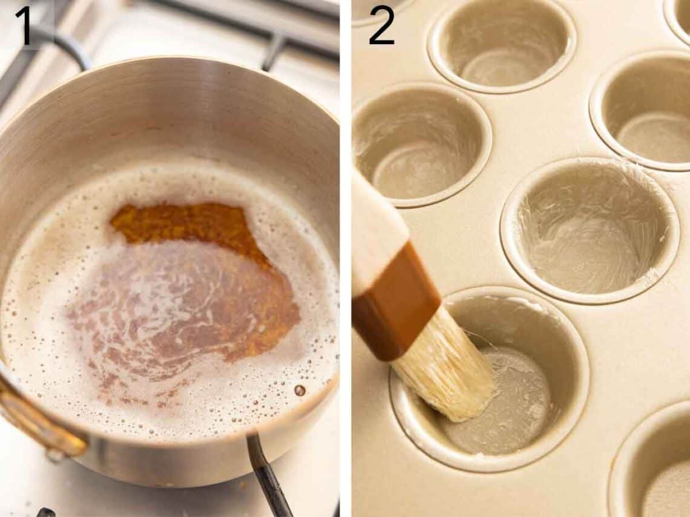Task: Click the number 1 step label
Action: tap(23, 25)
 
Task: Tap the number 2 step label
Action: tap(381, 25)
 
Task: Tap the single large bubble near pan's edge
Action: tap(299, 390)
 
